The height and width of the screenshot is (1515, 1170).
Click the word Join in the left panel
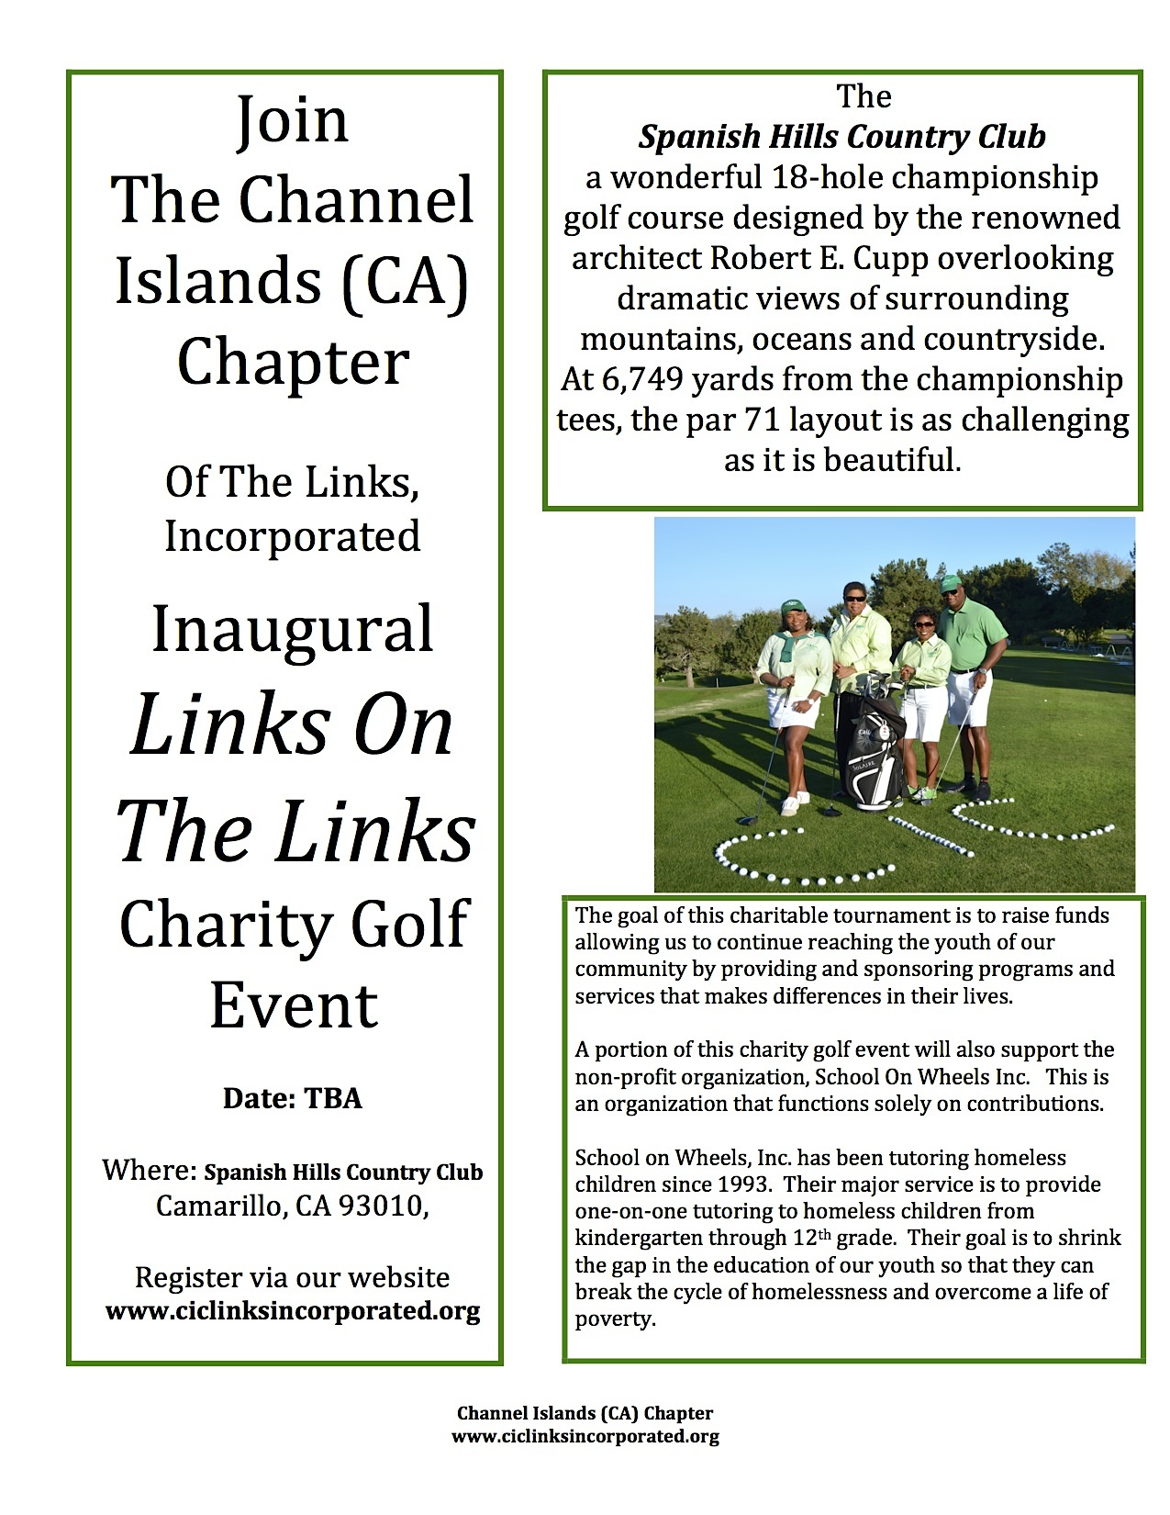[x=293, y=120]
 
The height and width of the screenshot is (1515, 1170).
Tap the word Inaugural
[x=293, y=630]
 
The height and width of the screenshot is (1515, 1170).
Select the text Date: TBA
[x=293, y=1098]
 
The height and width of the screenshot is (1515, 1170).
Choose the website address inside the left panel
[x=293, y=1310]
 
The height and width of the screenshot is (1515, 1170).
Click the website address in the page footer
[x=585, y=1437]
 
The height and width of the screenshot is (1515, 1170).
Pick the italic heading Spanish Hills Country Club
[x=841, y=137]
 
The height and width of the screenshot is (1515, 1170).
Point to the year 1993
[x=743, y=1184]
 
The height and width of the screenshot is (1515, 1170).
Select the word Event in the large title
[x=294, y=1005]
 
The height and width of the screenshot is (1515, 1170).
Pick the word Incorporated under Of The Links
[x=293, y=536]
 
